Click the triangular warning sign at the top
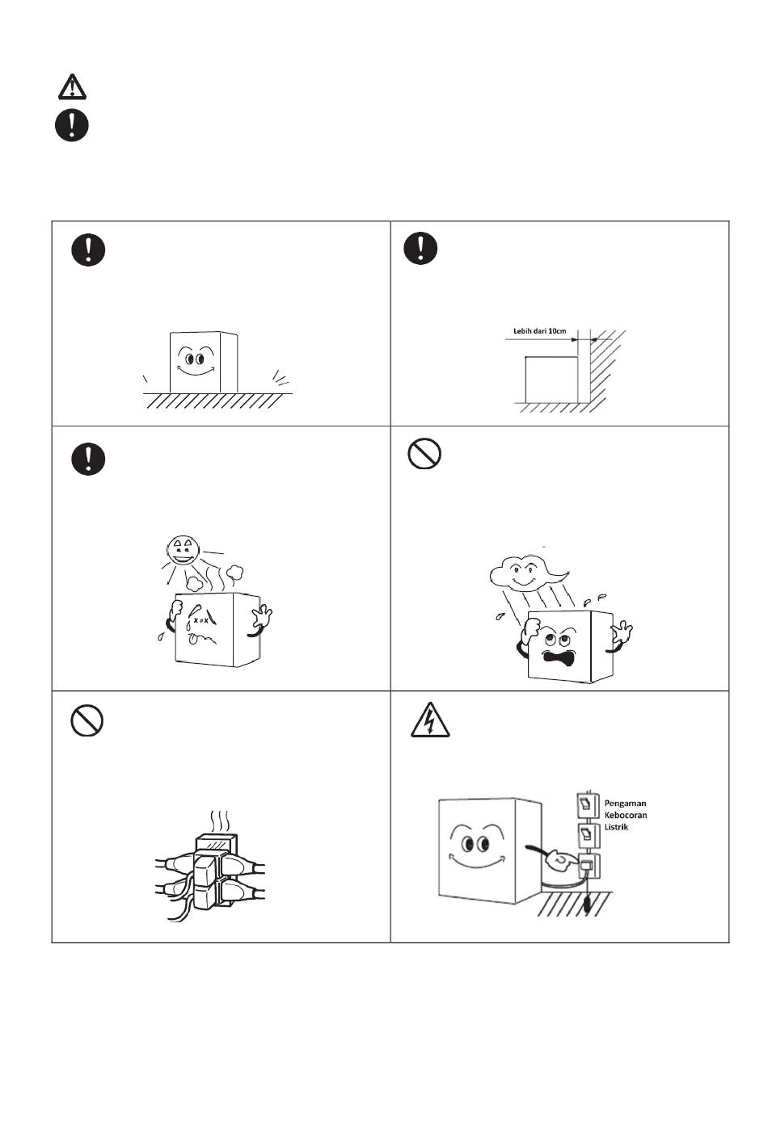pos(72,86)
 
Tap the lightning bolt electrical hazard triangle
pos(430,720)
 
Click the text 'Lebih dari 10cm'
pos(540,331)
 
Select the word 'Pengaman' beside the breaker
pos(625,804)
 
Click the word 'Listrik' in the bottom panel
pos(616,827)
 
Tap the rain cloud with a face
pos(527,573)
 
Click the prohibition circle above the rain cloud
pos(424,454)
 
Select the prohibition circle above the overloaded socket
pos(87,721)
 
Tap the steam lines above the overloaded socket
pos(220,822)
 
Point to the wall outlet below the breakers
pos(589,865)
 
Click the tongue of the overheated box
pos(193,639)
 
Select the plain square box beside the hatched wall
pos(552,379)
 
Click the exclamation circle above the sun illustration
pos(88,459)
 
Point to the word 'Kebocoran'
pos(626,815)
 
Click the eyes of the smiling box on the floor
pos(194,358)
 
